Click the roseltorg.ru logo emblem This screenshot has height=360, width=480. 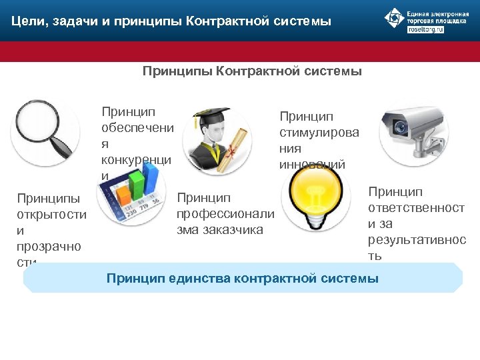click(395, 18)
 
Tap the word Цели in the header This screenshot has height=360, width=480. click(26, 22)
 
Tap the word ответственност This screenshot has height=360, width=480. click(416, 208)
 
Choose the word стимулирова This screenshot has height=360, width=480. click(319, 132)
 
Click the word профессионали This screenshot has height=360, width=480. click(225, 213)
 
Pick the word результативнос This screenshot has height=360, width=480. click(417, 240)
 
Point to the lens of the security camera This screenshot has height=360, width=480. click(400, 125)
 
